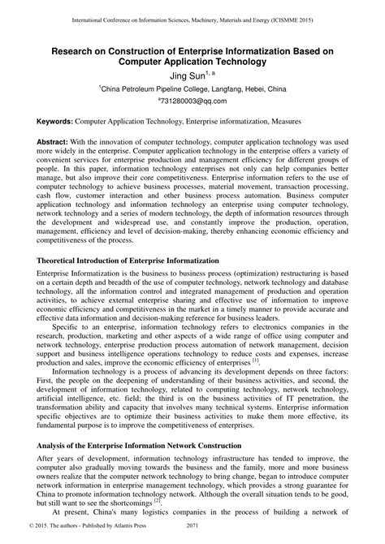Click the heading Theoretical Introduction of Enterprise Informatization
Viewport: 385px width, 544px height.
pyautogui.click(x=128, y=238)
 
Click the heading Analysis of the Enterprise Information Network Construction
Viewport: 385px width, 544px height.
pyautogui.click(x=139, y=445)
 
